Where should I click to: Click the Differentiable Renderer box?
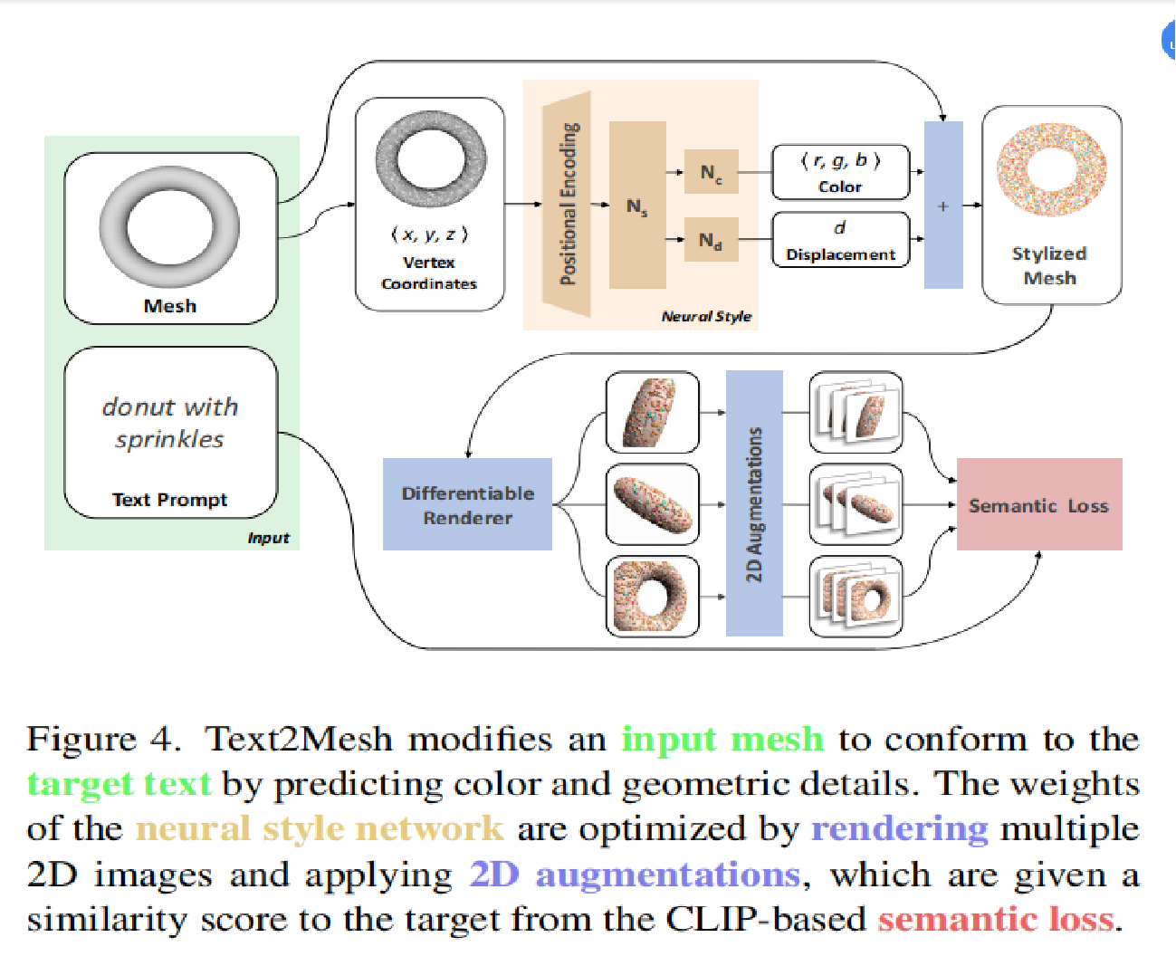point(467,504)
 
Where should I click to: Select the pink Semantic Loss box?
point(1038,504)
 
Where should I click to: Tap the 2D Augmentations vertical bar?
point(754,503)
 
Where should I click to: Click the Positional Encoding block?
point(568,205)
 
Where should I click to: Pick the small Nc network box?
point(711,172)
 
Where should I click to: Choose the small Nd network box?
point(711,240)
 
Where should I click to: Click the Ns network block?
point(637,206)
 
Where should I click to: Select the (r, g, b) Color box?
point(840,172)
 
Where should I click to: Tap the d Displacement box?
point(840,240)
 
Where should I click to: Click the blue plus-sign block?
point(942,206)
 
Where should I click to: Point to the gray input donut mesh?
point(169,225)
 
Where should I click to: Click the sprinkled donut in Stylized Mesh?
point(1051,170)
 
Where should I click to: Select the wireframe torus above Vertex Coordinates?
point(431,159)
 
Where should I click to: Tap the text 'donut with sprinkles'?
point(169,423)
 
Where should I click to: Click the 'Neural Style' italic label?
point(706,316)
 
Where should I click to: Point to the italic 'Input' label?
point(268,538)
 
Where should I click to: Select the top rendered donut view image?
point(652,412)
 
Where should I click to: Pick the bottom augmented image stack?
point(856,597)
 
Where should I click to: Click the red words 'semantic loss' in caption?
point(996,919)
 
